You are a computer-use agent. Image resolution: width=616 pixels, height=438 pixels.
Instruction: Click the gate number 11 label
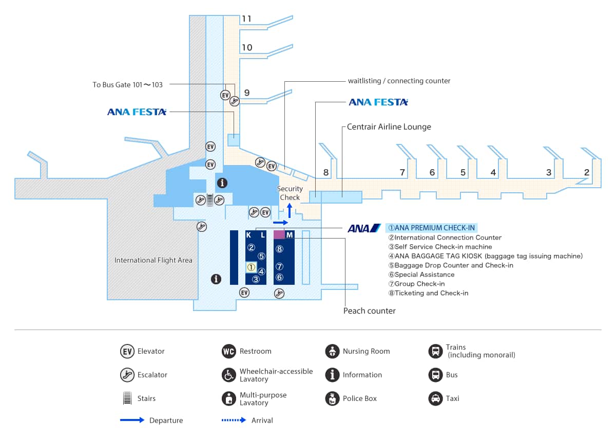point(247,19)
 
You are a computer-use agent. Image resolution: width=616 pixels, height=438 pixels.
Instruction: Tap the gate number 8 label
point(326,173)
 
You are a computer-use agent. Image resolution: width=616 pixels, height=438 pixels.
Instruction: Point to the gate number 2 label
point(586,173)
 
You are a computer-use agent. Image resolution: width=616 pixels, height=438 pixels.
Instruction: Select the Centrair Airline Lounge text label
point(389,126)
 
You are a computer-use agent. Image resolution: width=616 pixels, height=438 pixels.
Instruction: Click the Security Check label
point(290,193)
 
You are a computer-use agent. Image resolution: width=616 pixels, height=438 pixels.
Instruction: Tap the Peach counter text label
point(369,311)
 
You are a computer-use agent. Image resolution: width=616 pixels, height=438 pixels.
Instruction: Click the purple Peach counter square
point(279,234)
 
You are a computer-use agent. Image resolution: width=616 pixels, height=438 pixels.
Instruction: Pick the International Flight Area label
point(153,260)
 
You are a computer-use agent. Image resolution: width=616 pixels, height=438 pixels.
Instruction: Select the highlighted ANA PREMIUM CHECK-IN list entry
point(431,228)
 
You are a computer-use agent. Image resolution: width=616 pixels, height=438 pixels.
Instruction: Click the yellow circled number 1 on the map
point(251,267)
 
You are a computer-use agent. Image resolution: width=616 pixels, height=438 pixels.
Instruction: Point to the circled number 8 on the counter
point(279,249)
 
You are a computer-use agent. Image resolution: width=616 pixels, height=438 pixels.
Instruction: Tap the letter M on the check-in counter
point(290,235)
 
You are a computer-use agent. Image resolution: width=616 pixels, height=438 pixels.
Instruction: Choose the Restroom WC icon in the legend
point(228,351)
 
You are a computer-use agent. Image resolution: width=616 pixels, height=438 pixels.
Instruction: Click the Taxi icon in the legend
point(435,398)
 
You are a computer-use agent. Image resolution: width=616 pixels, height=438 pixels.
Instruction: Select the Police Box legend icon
point(332,398)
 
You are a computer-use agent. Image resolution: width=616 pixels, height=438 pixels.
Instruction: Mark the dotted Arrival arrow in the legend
point(234,420)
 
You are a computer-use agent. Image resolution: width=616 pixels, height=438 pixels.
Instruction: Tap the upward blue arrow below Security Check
point(290,210)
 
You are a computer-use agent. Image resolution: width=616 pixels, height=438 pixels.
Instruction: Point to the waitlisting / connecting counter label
point(399,81)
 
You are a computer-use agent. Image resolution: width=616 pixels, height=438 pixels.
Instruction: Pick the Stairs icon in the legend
point(127,398)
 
